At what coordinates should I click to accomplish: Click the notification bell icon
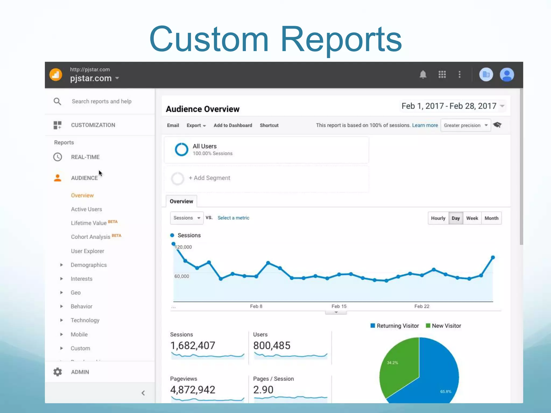click(423, 74)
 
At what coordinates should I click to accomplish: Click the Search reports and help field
click(101, 101)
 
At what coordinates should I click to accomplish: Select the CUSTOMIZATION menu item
click(93, 125)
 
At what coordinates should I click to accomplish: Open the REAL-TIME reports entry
click(85, 157)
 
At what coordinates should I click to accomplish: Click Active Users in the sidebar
click(86, 209)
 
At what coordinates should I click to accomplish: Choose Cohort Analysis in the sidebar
click(91, 237)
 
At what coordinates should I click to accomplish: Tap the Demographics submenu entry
click(89, 265)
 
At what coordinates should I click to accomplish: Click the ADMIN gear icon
click(58, 372)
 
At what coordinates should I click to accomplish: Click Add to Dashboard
click(233, 125)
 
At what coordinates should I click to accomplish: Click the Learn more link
click(425, 125)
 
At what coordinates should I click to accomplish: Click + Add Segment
click(209, 178)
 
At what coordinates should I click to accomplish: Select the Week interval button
click(472, 218)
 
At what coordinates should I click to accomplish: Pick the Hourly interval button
click(438, 218)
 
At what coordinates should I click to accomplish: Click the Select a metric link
click(233, 218)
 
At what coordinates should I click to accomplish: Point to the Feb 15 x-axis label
click(339, 306)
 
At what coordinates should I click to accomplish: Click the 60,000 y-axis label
click(182, 276)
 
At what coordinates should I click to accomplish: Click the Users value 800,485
click(272, 346)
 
